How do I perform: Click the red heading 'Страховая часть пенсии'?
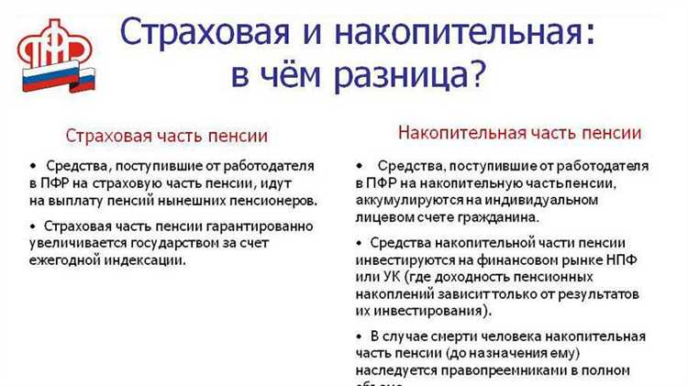[167, 136]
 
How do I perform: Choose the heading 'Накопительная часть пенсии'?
[519, 132]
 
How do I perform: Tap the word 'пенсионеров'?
[278, 200]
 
